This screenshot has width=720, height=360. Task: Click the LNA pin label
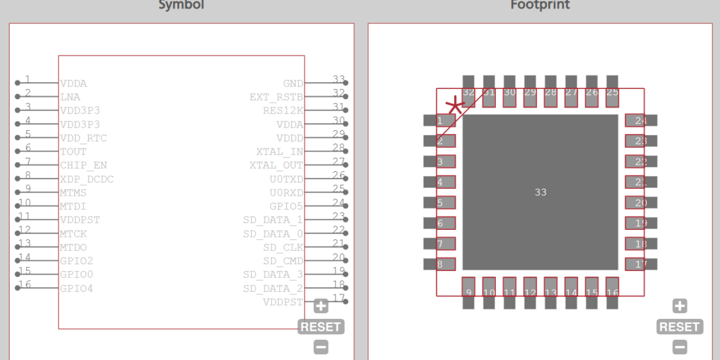(70, 97)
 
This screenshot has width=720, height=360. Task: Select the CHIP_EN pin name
(83, 165)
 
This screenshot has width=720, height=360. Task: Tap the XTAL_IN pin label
(279, 152)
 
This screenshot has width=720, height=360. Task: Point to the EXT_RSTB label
(276, 97)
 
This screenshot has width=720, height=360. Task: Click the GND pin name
(293, 83)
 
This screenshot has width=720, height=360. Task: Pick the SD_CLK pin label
(283, 247)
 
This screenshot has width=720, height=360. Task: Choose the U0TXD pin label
(286, 179)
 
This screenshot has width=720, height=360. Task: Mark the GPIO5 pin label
(286, 206)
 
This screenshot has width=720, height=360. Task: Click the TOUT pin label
(73, 152)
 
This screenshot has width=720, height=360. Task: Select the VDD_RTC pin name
(83, 138)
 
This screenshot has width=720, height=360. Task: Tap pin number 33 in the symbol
(339, 80)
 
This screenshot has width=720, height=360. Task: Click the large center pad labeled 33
(540, 192)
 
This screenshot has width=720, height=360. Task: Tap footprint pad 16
(612, 292)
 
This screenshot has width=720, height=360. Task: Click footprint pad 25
(612, 92)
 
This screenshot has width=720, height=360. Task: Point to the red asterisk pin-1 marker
(454, 105)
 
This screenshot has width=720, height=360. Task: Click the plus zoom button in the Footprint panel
(680, 306)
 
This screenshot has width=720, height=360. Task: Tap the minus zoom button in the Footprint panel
(680, 347)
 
